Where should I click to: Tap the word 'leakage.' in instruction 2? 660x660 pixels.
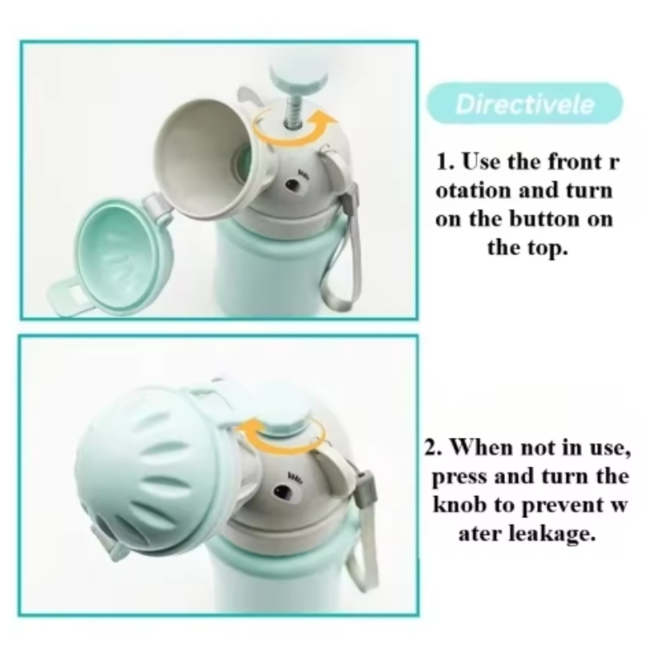point(554,535)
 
